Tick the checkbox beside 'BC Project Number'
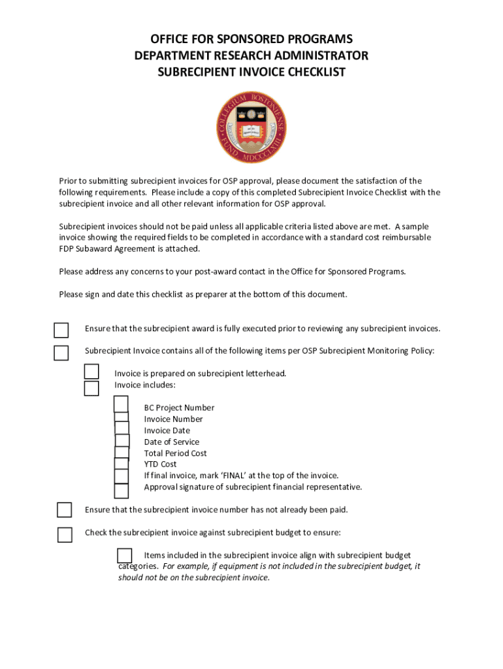(121, 405)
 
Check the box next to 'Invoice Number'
(122, 418)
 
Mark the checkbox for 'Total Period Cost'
(122, 453)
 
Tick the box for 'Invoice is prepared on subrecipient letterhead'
(91, 372)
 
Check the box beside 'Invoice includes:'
(91, 388)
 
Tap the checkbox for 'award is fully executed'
(61, 330)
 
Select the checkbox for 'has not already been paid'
(64, 510)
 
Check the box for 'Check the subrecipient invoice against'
(65, 534)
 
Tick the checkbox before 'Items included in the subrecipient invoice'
(125, 555)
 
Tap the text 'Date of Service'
(172, 442)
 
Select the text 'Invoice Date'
(167, 431)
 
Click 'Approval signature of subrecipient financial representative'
(253, 487)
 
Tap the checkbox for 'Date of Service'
(122, 441)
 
